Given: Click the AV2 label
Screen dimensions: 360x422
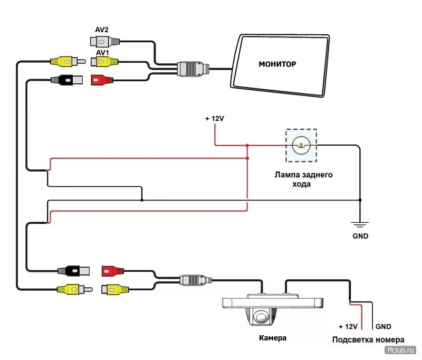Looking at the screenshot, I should (102, 30).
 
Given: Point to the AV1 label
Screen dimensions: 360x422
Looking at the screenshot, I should (102, 53).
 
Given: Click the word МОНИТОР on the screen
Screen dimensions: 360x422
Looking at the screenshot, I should (277, 64).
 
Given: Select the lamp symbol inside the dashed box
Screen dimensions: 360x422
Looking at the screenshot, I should (301, 145).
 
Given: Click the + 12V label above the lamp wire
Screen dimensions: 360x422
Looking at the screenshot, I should (215, 119).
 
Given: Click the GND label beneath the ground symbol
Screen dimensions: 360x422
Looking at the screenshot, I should (360, 236).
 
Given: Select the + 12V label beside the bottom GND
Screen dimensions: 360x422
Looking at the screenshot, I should (348, 327).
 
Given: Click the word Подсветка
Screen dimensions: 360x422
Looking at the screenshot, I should (352, 340).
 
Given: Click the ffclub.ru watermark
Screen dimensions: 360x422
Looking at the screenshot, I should (401, 350).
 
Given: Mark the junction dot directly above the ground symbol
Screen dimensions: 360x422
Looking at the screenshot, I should (360, 200).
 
